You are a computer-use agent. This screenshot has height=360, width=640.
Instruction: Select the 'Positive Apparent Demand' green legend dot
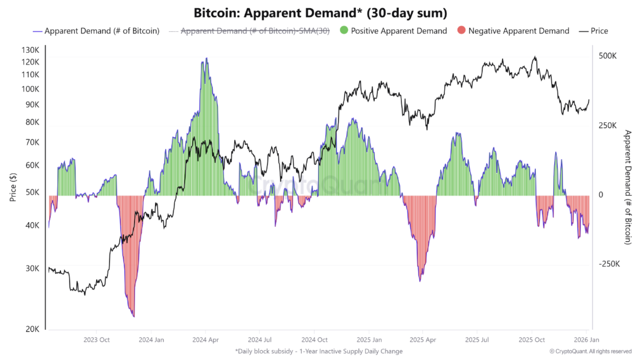[344, 30]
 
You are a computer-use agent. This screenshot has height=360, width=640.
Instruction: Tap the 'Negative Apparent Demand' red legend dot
[461, 30]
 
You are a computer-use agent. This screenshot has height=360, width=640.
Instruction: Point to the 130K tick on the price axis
[30, 50]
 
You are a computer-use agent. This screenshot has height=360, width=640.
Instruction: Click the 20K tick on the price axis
[32, 329]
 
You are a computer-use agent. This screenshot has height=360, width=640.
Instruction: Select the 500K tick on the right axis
[607, 56]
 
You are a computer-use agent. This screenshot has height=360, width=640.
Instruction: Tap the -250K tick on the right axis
[609, 264]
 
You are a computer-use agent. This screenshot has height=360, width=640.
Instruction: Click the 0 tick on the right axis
[601, 195]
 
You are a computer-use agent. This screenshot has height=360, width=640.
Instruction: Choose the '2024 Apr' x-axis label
[205, 340]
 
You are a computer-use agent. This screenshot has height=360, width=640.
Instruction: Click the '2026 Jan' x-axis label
[586, 340]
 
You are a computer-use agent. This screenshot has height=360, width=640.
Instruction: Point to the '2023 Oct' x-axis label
[96, 340]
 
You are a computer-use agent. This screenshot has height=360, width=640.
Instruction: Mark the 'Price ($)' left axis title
[13, 187]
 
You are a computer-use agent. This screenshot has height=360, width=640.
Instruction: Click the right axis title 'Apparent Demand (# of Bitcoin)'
[628, 187]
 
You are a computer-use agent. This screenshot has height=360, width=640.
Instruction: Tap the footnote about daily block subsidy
[319, 351]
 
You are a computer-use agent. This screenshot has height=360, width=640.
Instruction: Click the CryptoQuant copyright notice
[590, 351]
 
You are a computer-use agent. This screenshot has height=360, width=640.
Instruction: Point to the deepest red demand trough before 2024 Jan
[134, 316]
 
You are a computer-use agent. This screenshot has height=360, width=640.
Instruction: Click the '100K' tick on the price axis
[30, 89]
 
